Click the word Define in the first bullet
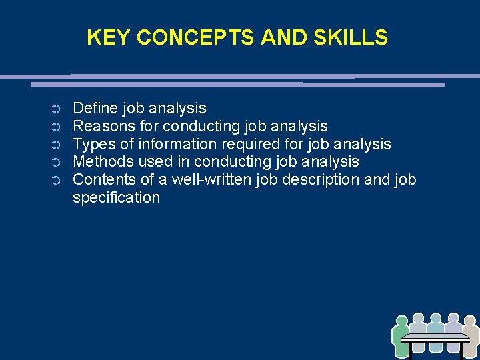coord(92,108)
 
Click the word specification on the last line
coord(116,198)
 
